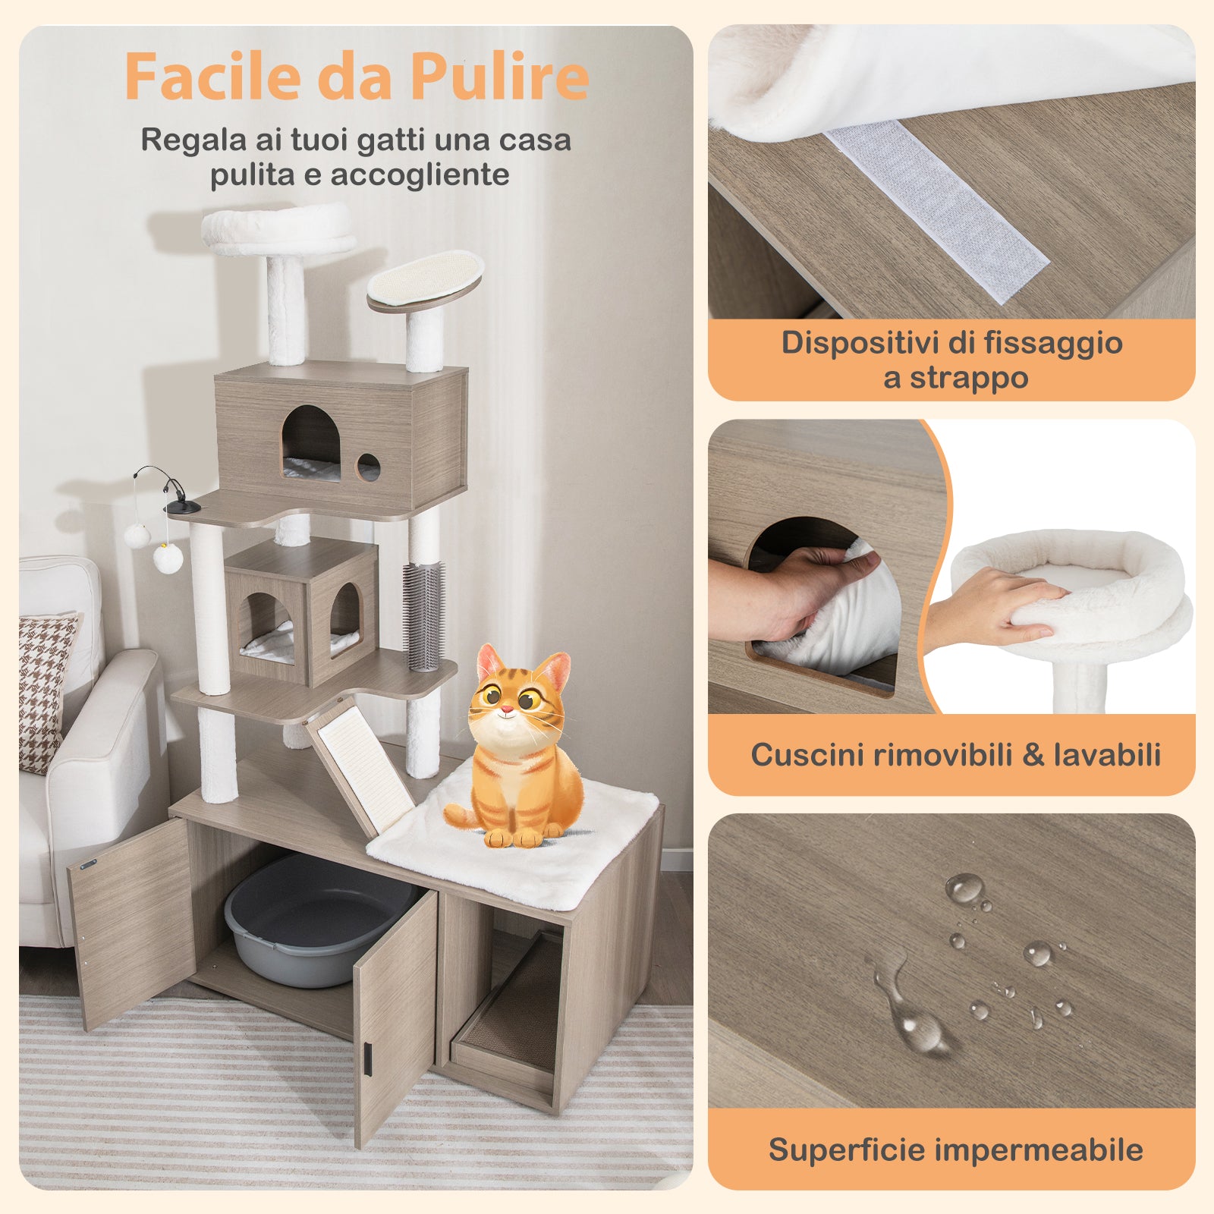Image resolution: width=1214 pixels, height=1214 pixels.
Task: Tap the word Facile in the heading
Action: click(x=212, y=76)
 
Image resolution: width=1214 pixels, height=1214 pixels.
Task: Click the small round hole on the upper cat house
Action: click(x=368, y=467)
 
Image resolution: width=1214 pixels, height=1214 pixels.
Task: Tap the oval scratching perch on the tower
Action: click(x=426, y=281)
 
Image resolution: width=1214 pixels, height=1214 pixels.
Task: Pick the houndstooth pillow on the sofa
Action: click(x=46, y=687)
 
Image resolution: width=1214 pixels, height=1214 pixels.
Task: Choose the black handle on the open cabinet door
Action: click(x=366, y=1059)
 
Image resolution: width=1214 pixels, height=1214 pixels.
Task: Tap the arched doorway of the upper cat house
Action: click(x=311, y=444)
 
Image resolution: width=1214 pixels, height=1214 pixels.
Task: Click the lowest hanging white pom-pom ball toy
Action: click(x=168, y=558)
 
